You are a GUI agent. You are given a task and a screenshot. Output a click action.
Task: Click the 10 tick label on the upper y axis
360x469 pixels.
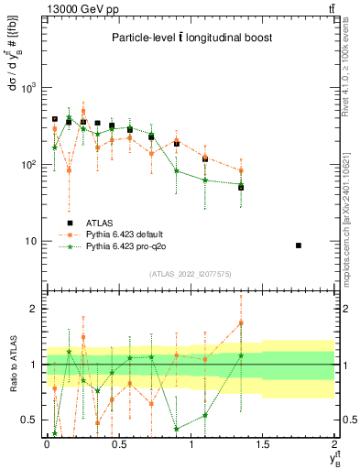(x=30, y=242)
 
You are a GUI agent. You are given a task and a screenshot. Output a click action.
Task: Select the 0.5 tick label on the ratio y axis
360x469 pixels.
(x=29, y=420)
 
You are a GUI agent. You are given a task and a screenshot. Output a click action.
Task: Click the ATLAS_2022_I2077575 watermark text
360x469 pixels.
(x=190, y=274)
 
